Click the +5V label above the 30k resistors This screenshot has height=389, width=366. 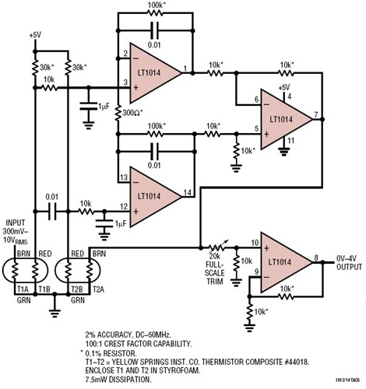point(35,36)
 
